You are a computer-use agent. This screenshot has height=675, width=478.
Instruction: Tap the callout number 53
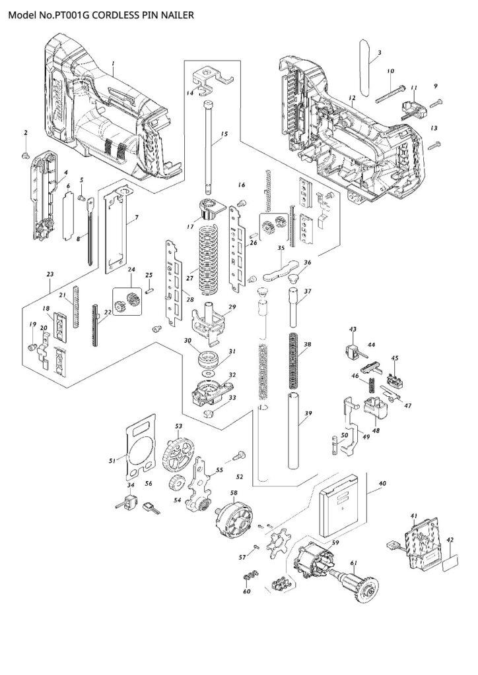click(x=178, y=427)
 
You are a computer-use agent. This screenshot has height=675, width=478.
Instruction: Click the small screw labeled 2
click(x=26, y=155)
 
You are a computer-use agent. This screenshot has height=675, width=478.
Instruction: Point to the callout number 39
click(x=307, y=413)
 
